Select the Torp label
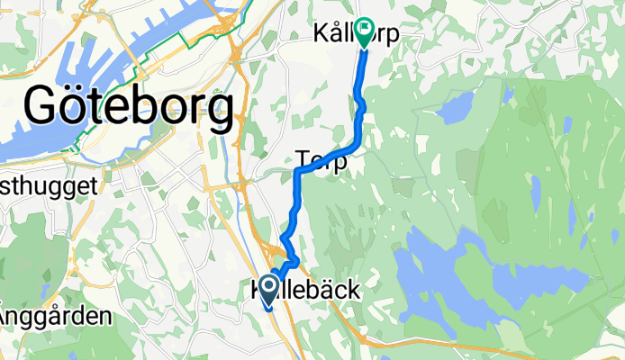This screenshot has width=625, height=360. pyautogui.click(x=322, y=162)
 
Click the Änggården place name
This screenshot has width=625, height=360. pyautogui.click(x=54, y=317)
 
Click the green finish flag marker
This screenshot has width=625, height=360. pyautogui.click(x=364, y=32)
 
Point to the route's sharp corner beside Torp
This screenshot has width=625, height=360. pyautogui.click(x=297, y=170)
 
